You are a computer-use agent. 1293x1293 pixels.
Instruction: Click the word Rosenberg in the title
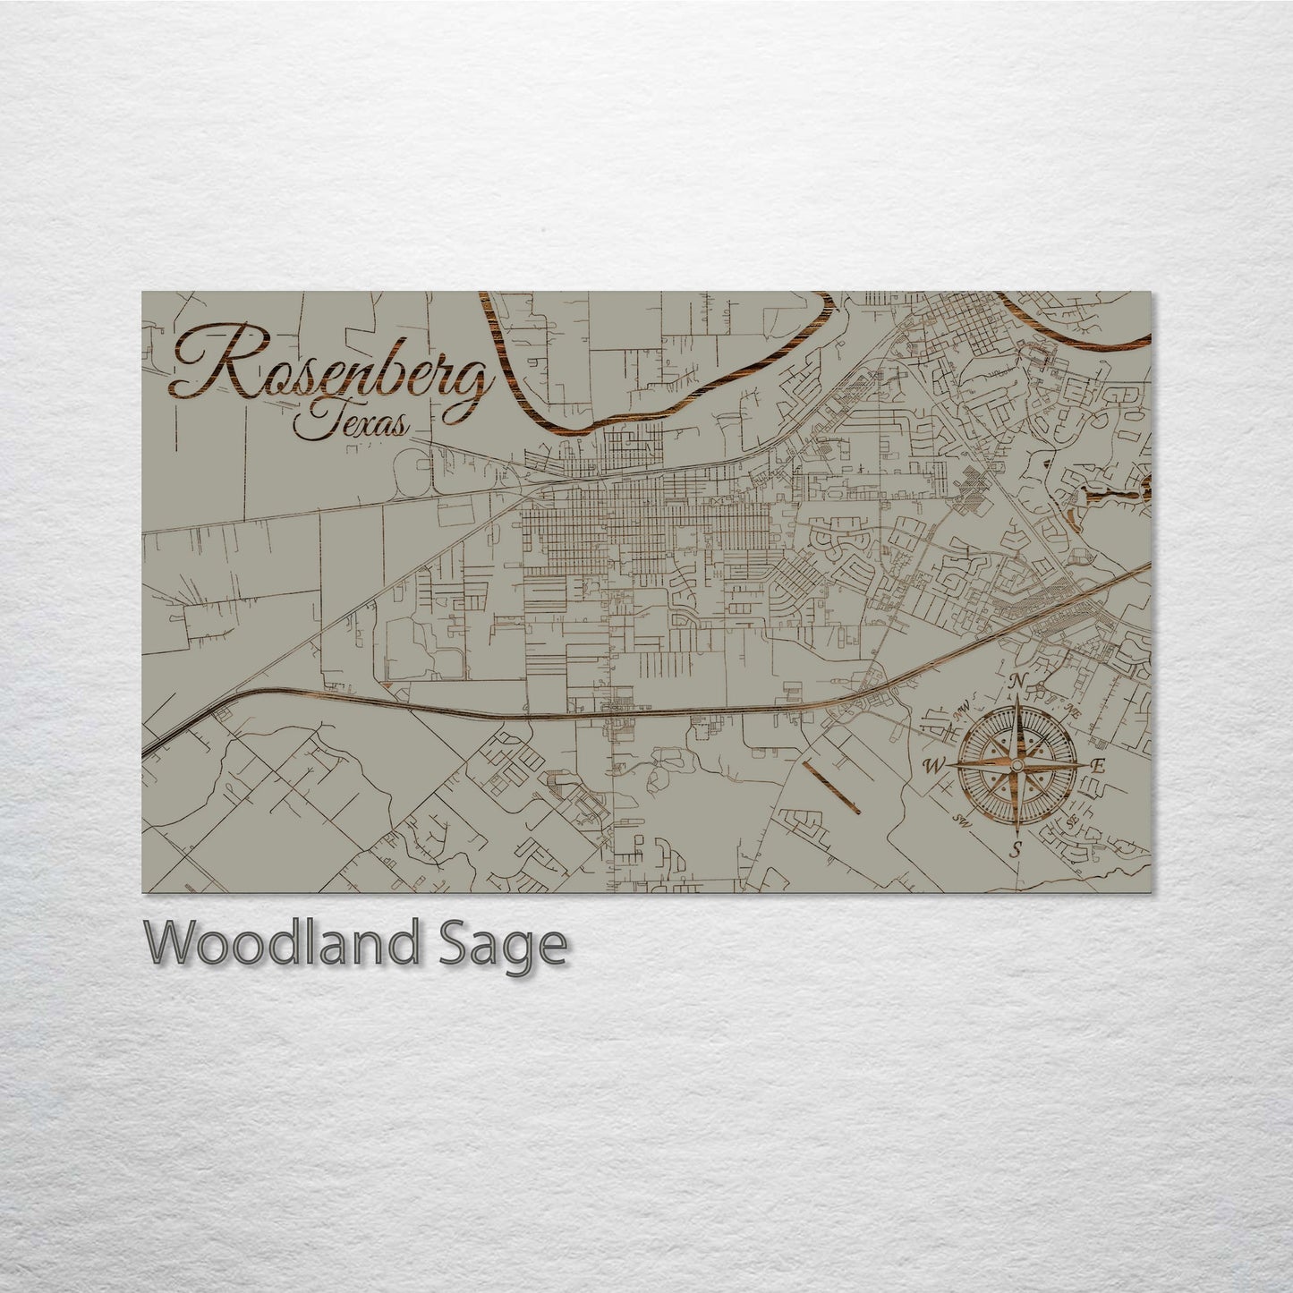coord(331,368)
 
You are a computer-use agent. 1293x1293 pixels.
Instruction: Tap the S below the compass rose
coord(1016,849)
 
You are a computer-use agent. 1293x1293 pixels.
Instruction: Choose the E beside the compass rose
coord(1099,765)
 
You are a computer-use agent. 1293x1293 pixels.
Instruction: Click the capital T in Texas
coord(309,421)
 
